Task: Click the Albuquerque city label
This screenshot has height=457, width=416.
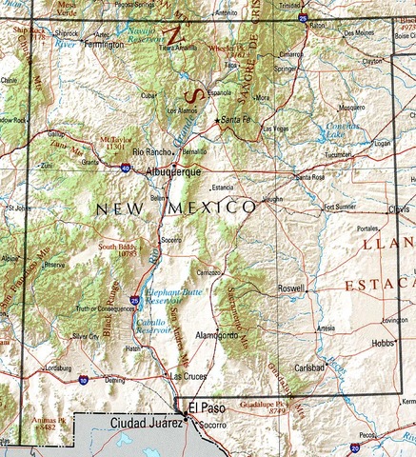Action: pos(173,173)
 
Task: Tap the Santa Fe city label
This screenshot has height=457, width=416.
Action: pos(236,121)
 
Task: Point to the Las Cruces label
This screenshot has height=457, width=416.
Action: pos(187,377)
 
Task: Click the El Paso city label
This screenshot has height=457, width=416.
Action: pos(207,407)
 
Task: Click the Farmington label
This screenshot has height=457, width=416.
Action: pos(104,45)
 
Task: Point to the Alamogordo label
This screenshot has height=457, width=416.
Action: pos(215,336)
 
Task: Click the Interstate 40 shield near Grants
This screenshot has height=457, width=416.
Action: pos(126,168)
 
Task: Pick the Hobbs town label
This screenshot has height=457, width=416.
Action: pos(383,343)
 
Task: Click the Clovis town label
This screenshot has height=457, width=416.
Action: pos(398,209)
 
